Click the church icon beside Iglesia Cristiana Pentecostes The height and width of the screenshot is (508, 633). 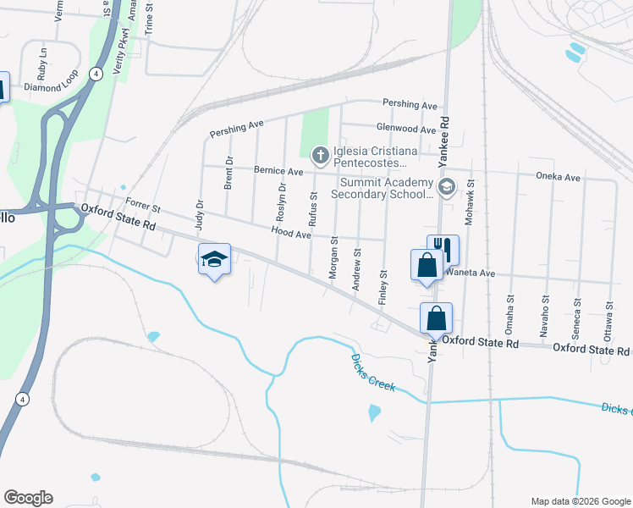(x=320, y=155)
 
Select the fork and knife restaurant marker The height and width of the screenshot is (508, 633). (x=443, y=248)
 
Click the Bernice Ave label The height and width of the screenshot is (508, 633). (x=283, y=171)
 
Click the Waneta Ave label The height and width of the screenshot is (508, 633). (x=476, y=273)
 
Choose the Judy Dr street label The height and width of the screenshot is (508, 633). (x=201, y=215)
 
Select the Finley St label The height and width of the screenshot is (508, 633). (x=383, y=286)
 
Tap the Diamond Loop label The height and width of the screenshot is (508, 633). (x=51, y=87)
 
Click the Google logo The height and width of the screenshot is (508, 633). (x=28, y=498)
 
